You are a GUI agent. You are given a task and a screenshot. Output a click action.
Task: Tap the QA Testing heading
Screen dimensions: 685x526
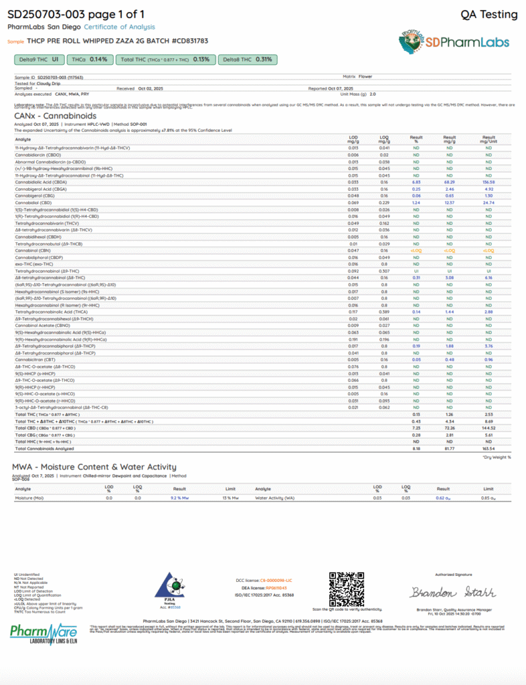[489, 15]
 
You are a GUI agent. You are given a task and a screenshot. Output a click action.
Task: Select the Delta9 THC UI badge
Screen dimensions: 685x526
[37, 60]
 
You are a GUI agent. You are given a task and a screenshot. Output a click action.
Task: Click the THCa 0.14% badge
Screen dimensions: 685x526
[89, 60]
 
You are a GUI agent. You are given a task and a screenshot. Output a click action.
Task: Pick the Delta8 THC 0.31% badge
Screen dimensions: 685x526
[247, 60]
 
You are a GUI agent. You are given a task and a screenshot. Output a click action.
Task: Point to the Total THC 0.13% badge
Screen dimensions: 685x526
[165, 60]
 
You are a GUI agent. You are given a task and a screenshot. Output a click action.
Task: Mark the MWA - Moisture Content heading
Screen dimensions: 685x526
[94, 467]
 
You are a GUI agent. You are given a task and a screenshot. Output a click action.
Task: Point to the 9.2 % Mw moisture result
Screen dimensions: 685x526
[179, 498]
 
